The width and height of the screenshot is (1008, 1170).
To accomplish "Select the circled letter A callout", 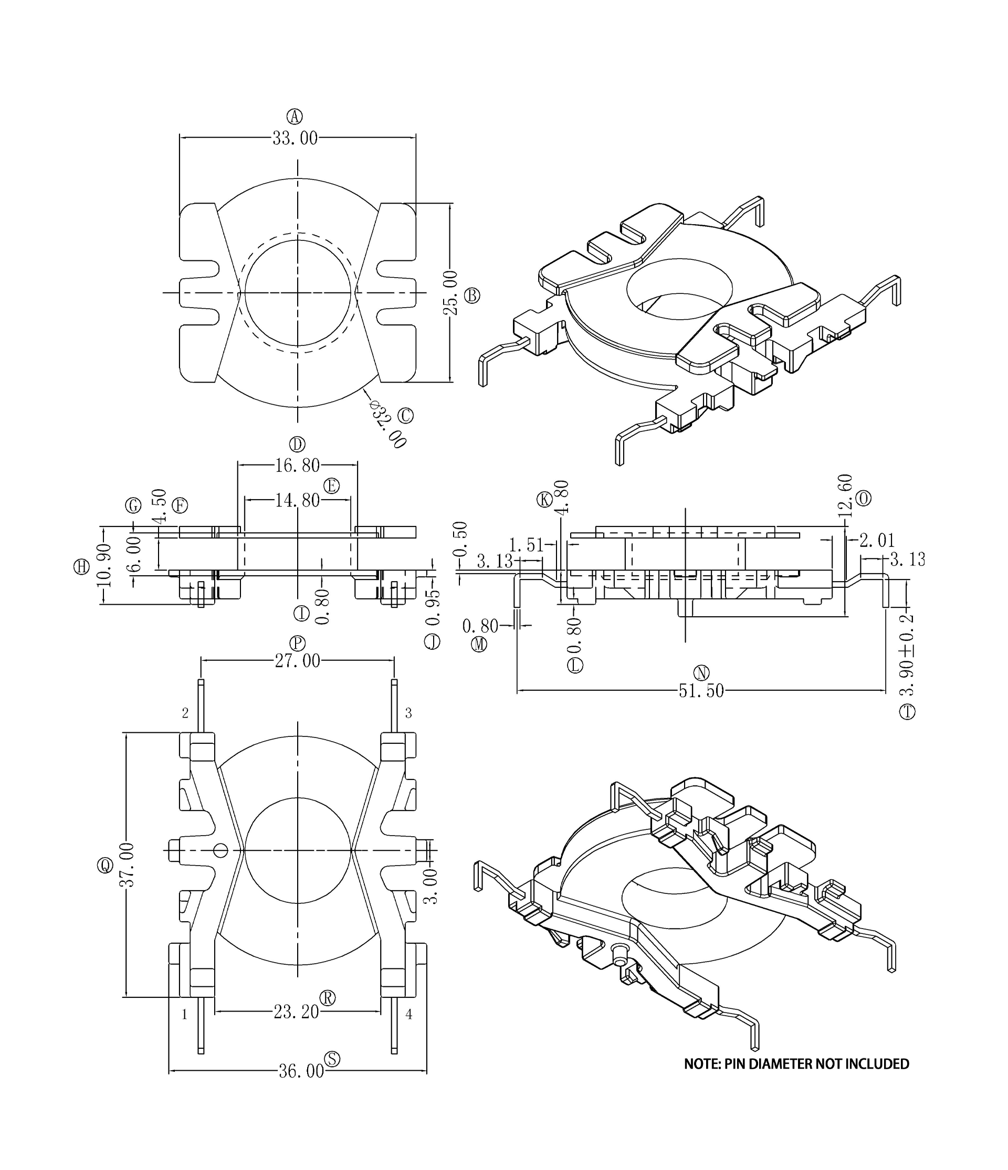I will click(x=295, y=117).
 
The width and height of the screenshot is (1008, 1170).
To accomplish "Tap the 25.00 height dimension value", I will click(x=450, y=292).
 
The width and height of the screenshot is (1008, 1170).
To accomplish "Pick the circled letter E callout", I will click(x=331, y=486).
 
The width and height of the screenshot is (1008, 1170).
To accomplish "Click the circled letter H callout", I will click(x=82, y=567).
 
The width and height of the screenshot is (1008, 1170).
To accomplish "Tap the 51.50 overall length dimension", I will click(x=701, y=691).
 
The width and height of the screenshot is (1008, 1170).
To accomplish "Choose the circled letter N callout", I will click(x=701, y=672).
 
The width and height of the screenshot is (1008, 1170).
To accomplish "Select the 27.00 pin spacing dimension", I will click(x=297, y=661).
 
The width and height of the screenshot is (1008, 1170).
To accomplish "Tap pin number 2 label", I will click(x=185, y=713).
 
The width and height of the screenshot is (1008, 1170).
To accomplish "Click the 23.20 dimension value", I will click(x=297, y=1012).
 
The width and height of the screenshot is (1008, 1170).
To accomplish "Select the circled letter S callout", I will click(x=333, y=1059).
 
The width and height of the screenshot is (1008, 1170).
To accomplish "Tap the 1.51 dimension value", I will click(x=526, y=545).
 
